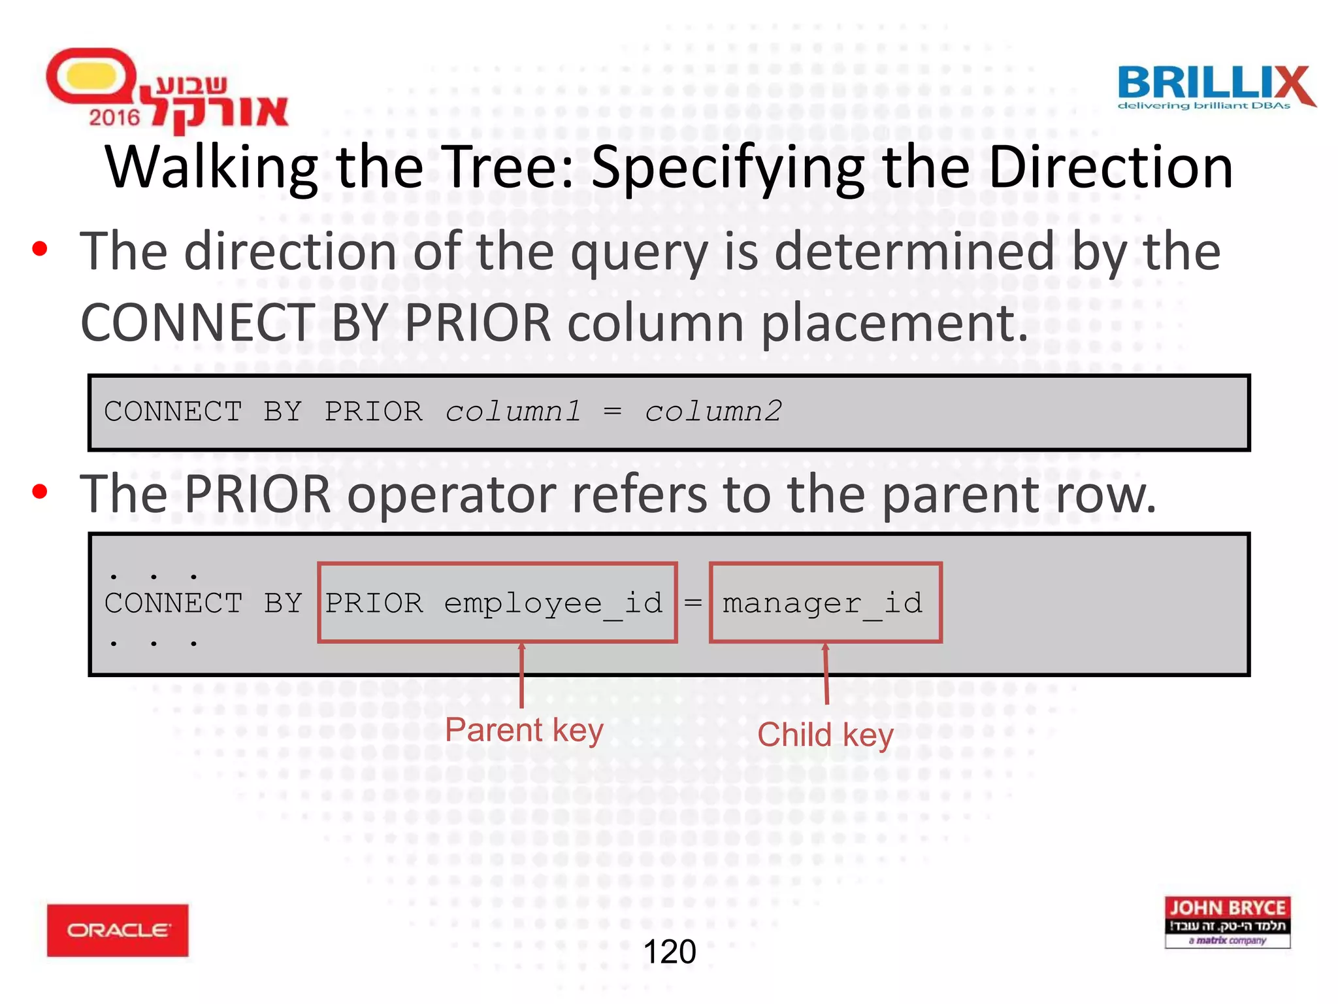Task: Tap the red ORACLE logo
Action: tap(118, 930)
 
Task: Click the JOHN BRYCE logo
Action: tap(1227, 922)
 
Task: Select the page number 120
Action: tap(670, 952)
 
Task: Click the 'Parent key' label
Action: tap(524, 730)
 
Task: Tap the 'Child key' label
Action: tap(825, 735)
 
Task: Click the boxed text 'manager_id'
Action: tap(824, 603)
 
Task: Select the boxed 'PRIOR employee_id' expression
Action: tap(497, 603)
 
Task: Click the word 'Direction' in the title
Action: tap(1111, 168)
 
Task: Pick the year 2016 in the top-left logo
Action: tap(114, 118)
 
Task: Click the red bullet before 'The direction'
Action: tap(40, 249)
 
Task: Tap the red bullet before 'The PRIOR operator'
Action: tap(40, 492)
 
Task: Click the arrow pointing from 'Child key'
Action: tap(826, 673)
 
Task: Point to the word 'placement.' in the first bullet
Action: tap(895, 323)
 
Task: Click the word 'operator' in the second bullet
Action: tap(451, 494)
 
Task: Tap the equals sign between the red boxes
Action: tap(693, 603)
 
